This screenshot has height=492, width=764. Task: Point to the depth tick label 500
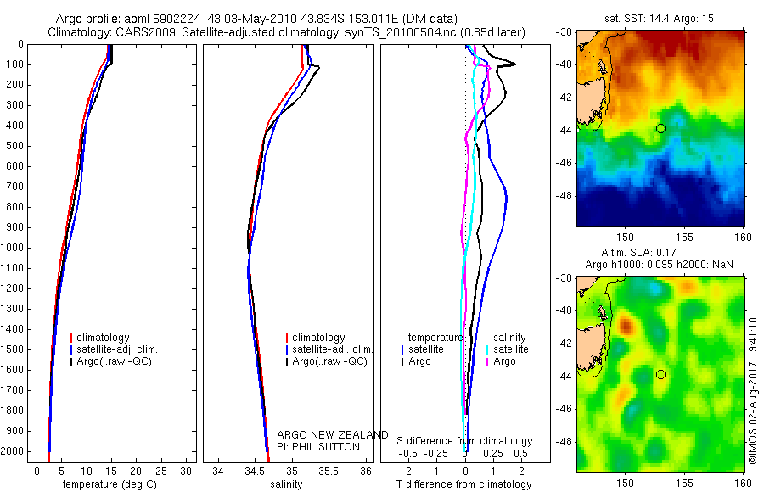coord(14,146)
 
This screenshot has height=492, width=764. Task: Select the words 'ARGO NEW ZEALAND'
coord(333,435)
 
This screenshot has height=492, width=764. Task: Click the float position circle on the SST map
coord(660,128)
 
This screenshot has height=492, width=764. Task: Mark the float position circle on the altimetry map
coord(660,374)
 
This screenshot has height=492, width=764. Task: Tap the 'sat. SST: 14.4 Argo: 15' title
coord(661,17)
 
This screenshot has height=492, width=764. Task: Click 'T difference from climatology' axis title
coord(464,484)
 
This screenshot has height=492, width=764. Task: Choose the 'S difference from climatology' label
coord(465,441)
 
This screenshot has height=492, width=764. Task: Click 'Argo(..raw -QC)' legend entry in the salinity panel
coord(329,362)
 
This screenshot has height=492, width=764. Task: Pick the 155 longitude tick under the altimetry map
coord(684,480)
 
